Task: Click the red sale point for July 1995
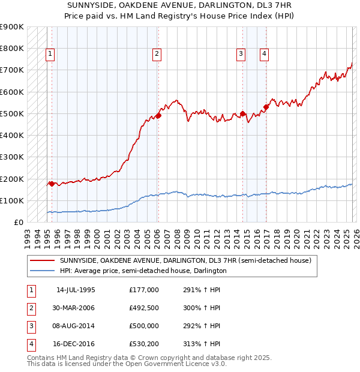(x=52, y=184)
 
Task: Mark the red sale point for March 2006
(x=158, y=115)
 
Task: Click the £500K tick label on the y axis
(x=12, y=113)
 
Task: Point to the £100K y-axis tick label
(x=12, y=200)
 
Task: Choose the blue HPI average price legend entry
(x=142, y=271)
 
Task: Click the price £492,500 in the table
(x=144, y=308)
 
